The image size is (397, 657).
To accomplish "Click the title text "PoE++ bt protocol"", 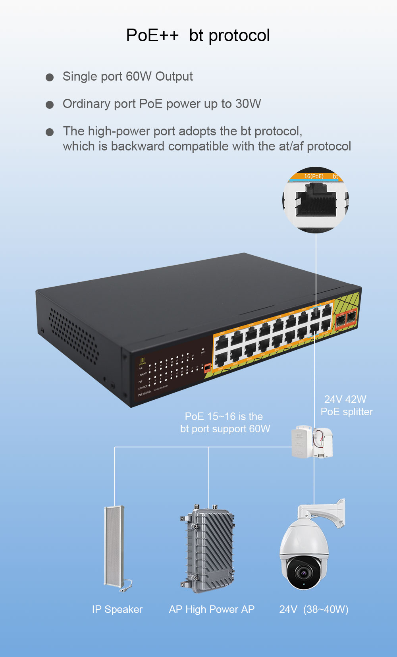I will point(198,35).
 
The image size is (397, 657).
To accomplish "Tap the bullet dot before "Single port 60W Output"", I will point(50,77).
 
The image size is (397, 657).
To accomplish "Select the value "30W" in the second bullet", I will point(248,104).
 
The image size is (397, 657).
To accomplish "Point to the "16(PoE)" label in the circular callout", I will point(314,176).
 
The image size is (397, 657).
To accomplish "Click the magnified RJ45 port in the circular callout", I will point(316,200).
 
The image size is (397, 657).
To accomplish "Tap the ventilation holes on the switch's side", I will point(73,336).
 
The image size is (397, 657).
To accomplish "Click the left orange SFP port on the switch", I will point(341,319).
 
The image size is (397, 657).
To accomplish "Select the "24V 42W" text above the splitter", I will point(345,399).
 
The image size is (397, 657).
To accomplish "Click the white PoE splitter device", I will point(312,442).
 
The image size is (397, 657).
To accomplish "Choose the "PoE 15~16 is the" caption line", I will point(224,416).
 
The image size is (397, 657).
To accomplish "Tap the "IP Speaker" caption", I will point(117,609).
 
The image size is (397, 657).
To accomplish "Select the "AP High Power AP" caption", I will point(212,609).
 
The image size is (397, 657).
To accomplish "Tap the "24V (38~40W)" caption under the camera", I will point(314,609).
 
